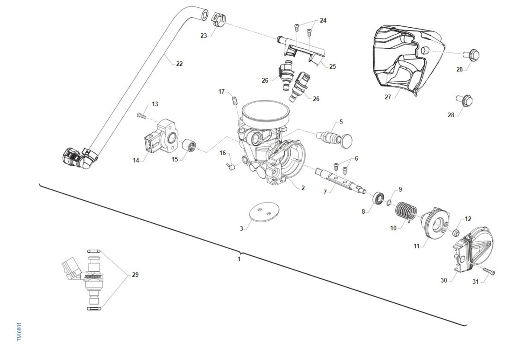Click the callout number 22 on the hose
pyautogui.click(x=179, y=64)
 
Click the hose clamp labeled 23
pyautogui.click(x=219, y=19)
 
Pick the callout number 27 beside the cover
pyautogui.click(x=388, y=97)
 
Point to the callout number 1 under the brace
pyautogui.click(x=239, y=259)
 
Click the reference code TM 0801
pyautogui.click(x=19, y=332)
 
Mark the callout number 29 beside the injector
pyautogui.click(x=135, y=275)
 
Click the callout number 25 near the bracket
pyautogui.click(x=332, y=67)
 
